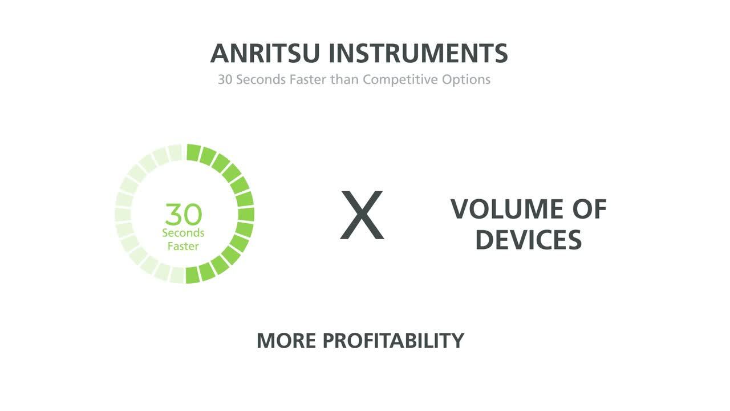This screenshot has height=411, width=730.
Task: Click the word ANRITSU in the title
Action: pyautogui.click(x=265, y=53)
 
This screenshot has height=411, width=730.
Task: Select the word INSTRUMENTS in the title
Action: pyautogui.click(x=419, y=53)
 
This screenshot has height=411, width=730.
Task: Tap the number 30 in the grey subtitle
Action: pyautogui.click(x=225, y=79)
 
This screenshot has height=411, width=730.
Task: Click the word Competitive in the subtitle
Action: pyautogui.click(x=400, y=80)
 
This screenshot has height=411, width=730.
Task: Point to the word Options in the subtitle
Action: pyautogui.click(x=466, y=80)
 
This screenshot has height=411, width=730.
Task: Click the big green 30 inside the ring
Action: pyautogui.click(x=184, y=214)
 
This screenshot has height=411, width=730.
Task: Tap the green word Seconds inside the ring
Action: pyautogui.click(x=183, y=233)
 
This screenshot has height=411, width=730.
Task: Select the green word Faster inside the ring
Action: pyautogui.click(x=183, y=246)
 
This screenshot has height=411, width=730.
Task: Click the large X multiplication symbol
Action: pyautogui.click(x=362, y=215)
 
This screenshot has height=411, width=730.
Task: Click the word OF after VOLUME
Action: pyautogui.click(x=590, y=209)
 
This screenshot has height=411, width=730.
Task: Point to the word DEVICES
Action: pyautogui.click(x=529, y=240)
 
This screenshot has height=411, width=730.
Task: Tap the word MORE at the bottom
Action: pyautogui.click(x=286, y=341)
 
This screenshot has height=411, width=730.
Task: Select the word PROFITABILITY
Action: pyautogui.click(x=394, y=341)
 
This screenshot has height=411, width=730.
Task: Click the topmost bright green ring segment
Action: pyautogui.click(x=193, y=152)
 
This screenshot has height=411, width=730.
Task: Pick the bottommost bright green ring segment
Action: pyautogui.click(x=192, y=275)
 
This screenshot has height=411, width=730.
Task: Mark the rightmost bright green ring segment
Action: pyautogui.click(x=246, y=214)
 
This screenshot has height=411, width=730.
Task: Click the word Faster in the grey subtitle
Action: pyautogui.click(x=308, y=79)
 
